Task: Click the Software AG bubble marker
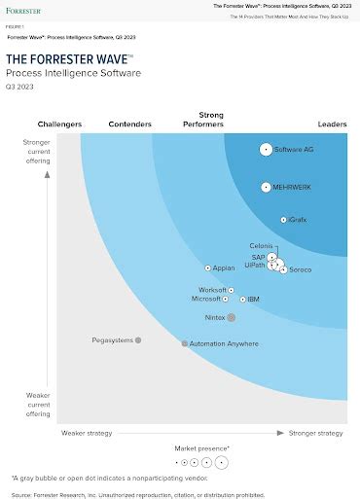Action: click(x=266, y=149)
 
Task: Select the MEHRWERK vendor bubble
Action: click(x=265, y=187)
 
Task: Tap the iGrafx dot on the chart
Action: click(x=283, y=220)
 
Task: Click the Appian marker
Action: click(x=207, y=267)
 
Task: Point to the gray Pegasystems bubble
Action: click(x=138, y=340)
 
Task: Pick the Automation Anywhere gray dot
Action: click(x=184, y=343)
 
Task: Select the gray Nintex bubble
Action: click(x=231, y=317)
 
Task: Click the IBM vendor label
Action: click(x=253, y=300)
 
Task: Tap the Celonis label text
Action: click(x=262, y=246)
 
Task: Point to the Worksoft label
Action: click(x=212, y=290)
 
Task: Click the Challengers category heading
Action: click(x=59, y=124)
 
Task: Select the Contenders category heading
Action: click(x=129, y=124)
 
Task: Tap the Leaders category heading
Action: click(x=332, y=124)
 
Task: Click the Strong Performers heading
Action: click(x=204, y=120)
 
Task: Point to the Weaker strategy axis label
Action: click(x=87, y=432)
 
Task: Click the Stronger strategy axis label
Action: click(x=315, y=432)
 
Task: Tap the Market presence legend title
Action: click(x=201, y=447)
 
